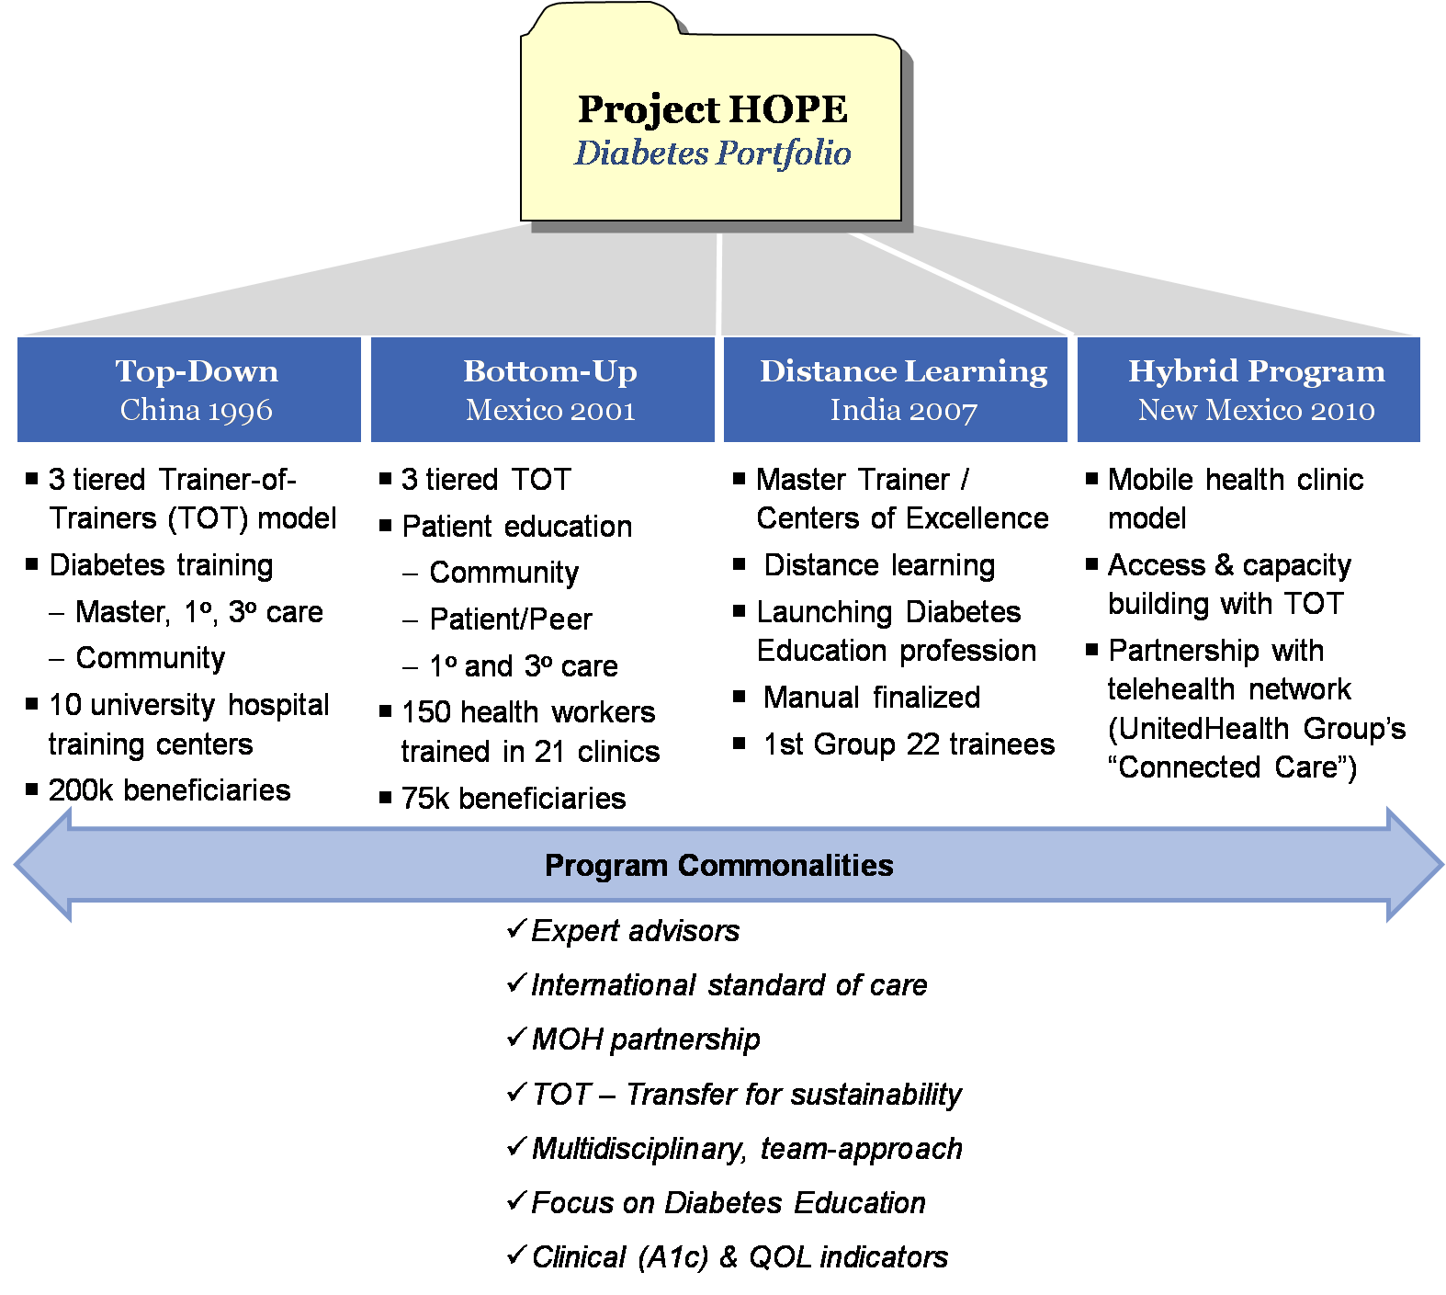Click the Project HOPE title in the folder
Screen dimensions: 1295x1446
(x=712, y=109)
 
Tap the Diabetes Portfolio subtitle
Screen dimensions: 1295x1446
(x=712, y=153)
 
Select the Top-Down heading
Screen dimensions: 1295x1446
(x=197, y=371)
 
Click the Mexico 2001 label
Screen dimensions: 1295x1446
(x=550, y=410)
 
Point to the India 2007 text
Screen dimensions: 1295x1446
(x=903, y=410)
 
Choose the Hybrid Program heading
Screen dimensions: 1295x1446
(x=1256, y=371)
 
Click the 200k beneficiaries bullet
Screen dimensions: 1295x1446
(x=169, y=790)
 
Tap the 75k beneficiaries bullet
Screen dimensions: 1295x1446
(x=514, y=799)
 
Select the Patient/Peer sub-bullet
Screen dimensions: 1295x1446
(x=511, y=619)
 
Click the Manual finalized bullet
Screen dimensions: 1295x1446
(x=871, y=698)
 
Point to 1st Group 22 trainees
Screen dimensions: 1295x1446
(x=909, y=744)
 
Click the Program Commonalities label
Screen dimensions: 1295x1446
(x=718, y=866)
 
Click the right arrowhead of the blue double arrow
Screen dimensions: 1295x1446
(x=1414, y=865)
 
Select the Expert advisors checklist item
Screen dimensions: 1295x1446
(x=635, y=931)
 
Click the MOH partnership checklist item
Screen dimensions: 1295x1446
(x=646, y=1039)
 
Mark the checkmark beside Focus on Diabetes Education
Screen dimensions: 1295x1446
(x=516, y=1200)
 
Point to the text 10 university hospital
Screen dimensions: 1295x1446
(x=188, y=705)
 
